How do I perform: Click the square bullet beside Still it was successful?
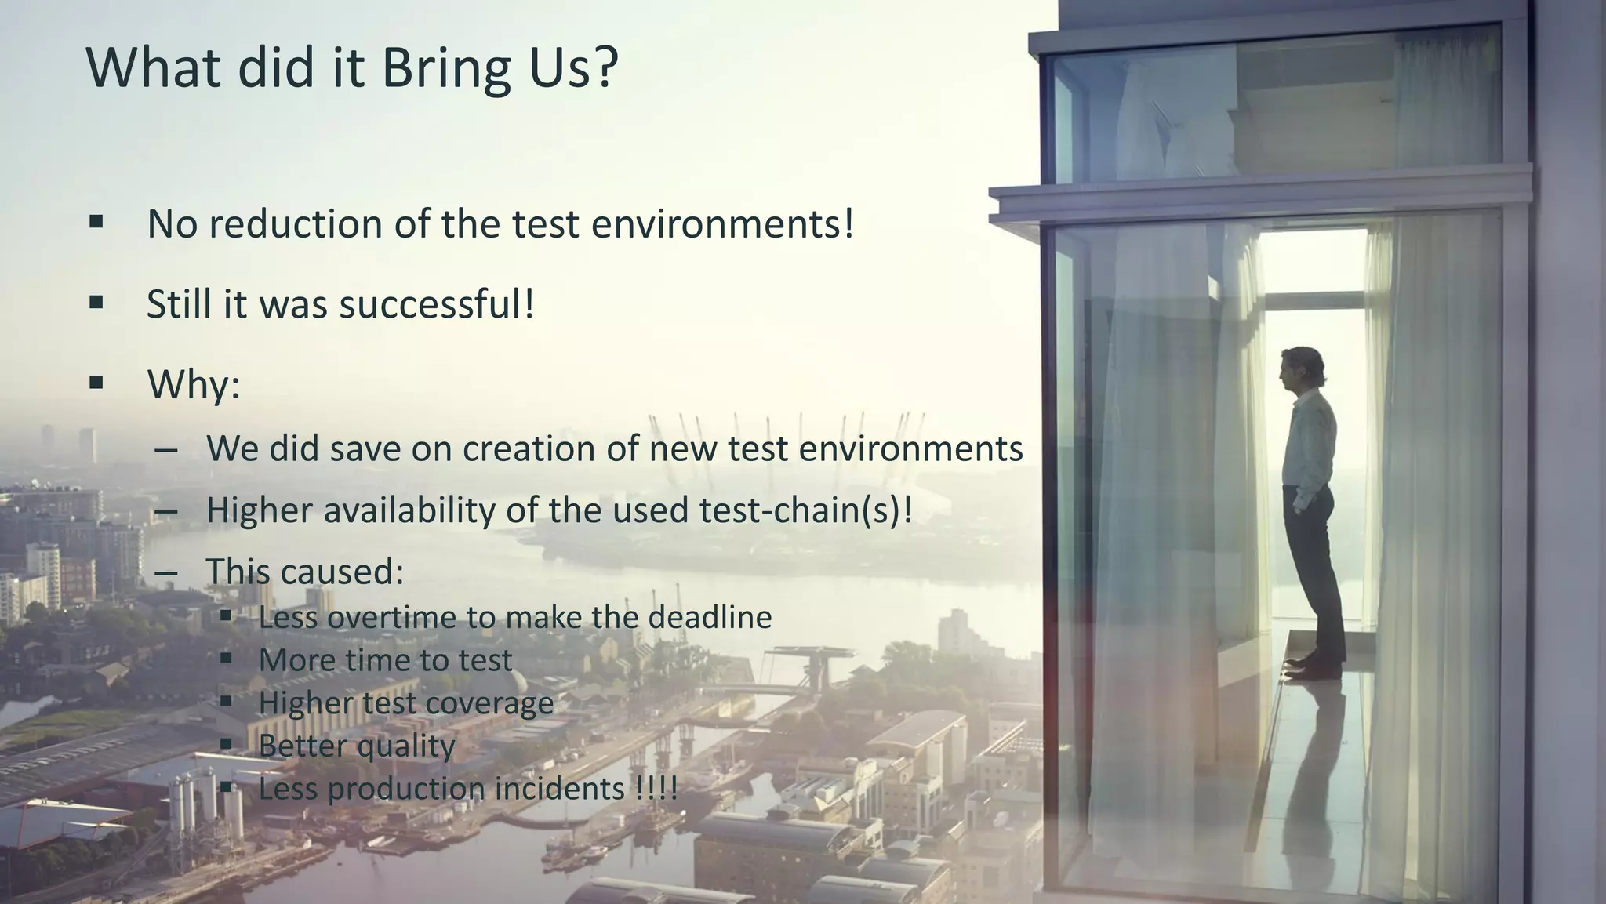click(96, 303)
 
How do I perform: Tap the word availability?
click(409, 510)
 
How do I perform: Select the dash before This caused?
click(166, 573)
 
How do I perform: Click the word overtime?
click(391, 618)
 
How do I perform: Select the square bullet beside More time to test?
click(227, 659)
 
